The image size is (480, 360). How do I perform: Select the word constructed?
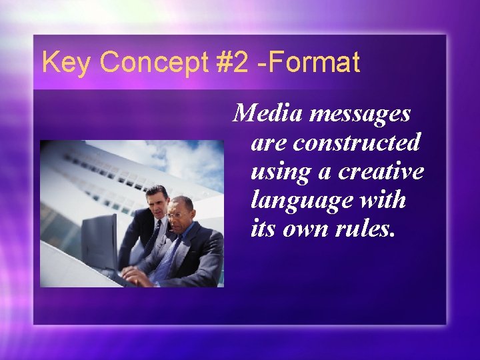357,142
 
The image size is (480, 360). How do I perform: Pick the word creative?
380,171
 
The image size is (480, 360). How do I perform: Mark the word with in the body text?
381,199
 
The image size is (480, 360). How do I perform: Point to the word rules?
366,229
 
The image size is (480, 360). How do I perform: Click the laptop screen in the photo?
99,243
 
